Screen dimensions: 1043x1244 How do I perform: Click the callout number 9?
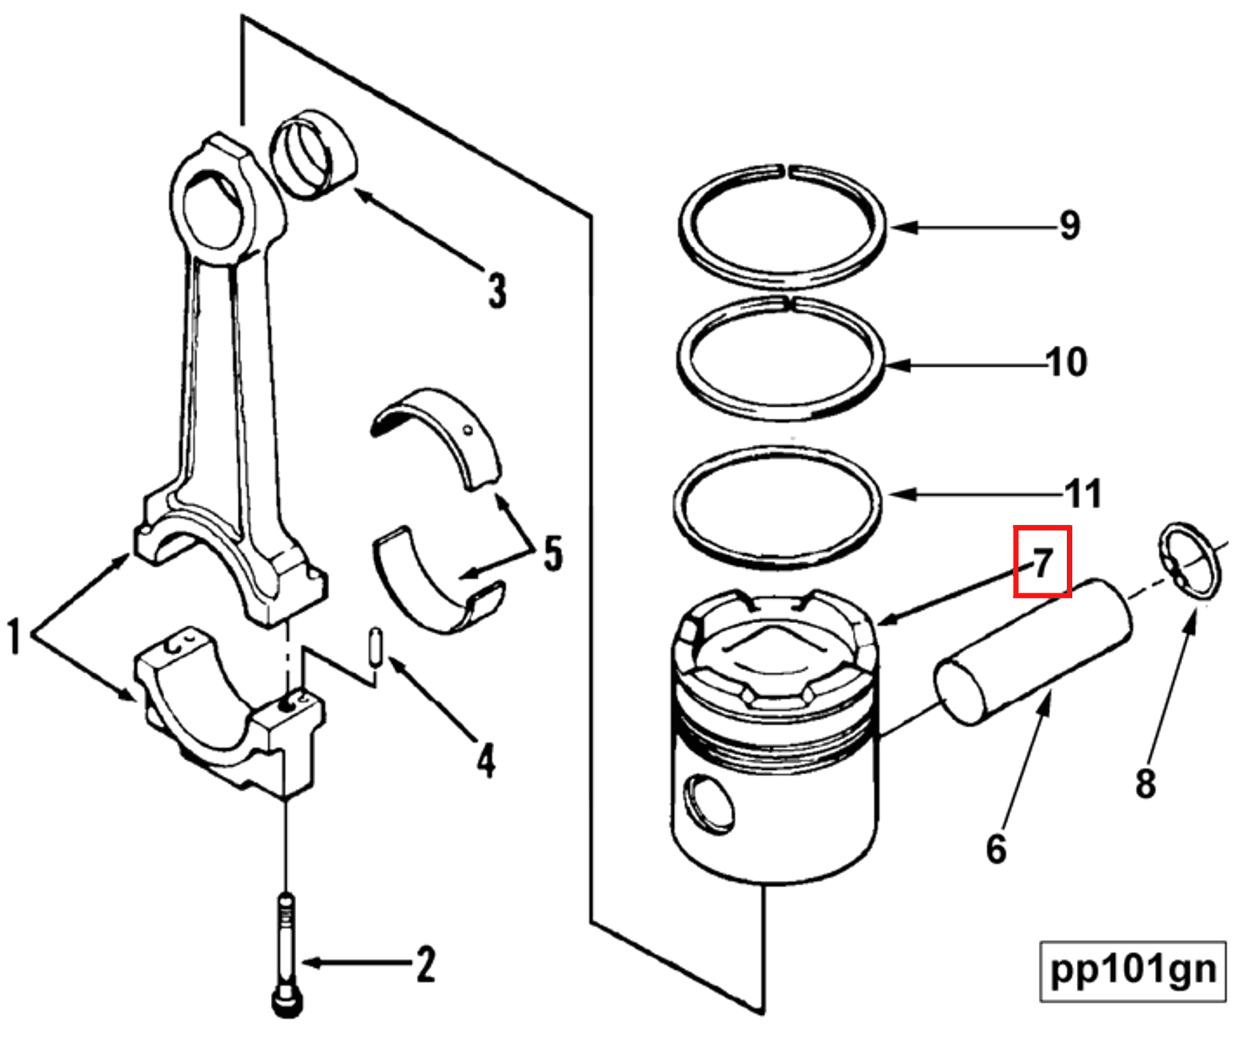tap(1069, 225)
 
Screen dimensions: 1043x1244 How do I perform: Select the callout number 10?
tap(1066, 363)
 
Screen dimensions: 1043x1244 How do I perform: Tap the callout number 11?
tap(1083, 493)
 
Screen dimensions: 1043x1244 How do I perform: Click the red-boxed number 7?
tap(1042, 562)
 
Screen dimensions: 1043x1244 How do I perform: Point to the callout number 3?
tap(497, 290)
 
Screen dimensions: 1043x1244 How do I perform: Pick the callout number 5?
tap(552, 553)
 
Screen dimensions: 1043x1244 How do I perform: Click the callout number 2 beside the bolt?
tap(425, 964)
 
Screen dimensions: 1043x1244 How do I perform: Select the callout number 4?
tap(485, 761)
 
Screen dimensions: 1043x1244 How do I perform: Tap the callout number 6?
tap(996, 849)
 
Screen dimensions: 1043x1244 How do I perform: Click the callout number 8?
tap(1145, 783)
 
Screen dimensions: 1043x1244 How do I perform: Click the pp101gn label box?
tap(1132, 970)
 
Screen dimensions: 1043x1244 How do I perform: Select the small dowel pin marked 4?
tap(376, 647)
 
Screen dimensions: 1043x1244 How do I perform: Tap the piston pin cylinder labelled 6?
tap(1034, 651)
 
